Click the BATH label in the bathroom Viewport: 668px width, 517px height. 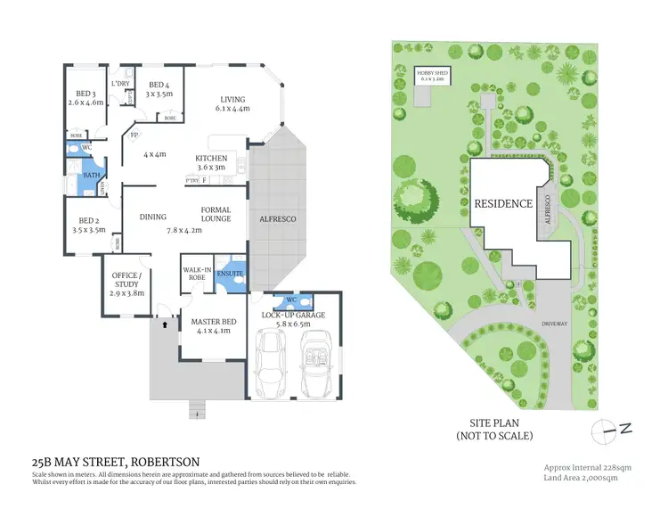91,175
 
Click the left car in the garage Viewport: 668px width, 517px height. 271,365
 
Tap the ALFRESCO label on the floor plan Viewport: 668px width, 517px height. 276,218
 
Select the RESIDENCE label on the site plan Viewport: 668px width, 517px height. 502,203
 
